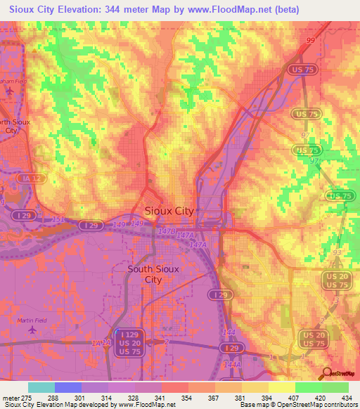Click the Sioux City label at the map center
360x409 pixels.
169,210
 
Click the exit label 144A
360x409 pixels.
232,365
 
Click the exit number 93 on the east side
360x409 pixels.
337,252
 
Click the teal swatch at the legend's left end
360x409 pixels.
41,387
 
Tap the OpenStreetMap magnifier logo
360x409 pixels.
326,374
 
